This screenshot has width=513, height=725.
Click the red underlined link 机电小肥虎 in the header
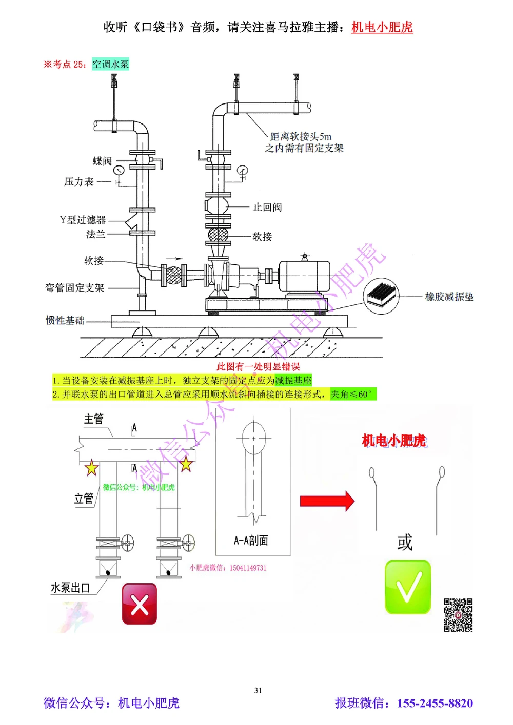(x=382, y=27)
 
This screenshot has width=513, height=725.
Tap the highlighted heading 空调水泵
(x=110, y=64)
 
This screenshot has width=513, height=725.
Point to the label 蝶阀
(x=102, y=161)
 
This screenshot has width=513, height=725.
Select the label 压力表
(x=79, y=182)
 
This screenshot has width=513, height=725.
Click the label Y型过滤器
(x=83, y=220)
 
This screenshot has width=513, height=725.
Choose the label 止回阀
(x=267, y=207)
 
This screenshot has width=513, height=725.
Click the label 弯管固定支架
(x=75, y=288)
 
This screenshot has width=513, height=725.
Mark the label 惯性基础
(x=65, y=321)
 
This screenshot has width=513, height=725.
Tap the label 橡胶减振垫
(x=449, y=297)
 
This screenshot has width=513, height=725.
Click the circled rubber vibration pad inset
(x=381, y=296)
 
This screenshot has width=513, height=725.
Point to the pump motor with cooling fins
(x=305, y=277)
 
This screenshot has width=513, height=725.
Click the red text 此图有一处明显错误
(x=258, y=366)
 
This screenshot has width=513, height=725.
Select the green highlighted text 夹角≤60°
(x=353, y=394)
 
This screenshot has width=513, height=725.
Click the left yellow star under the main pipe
(x=91, y=467)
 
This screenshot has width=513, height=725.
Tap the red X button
(x=139, y=604)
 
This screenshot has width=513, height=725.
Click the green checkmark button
(x=408, y=587)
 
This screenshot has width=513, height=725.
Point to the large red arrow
(x=327, y=501)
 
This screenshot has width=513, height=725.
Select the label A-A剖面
(x=251, y=541)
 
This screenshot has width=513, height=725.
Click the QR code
(x=458, y=615)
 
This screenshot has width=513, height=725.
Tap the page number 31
(x=258, y=690)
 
